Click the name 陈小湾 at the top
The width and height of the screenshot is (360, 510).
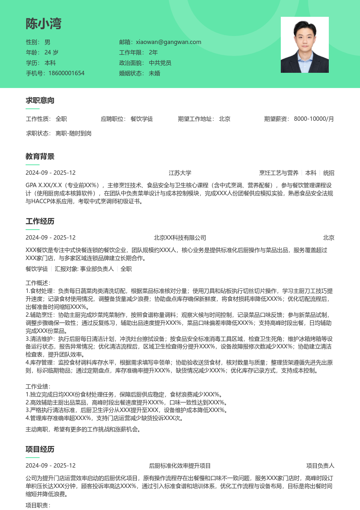tap(44, 24)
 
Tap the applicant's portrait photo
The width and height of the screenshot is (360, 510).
tap(304, 45)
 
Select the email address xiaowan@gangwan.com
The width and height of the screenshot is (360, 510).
tap(168, 42)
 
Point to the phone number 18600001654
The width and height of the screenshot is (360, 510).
tap(66, 73)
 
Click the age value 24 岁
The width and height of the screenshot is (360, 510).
tap(51, 52)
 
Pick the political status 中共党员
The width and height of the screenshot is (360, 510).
tap(160, 63)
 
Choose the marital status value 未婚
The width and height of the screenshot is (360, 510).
tap(154, 73)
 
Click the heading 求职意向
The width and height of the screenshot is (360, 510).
tap(40, 100)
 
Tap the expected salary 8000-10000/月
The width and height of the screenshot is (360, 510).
tap(314, 119)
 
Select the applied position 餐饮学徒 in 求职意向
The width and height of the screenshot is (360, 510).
tap(142, 119)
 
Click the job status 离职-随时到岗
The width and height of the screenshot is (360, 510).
tap(74, 133)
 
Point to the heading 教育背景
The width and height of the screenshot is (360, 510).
tap(40, 156)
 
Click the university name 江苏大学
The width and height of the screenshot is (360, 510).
tap(180, 173)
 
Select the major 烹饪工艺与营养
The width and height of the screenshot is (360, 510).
tap(279, 173)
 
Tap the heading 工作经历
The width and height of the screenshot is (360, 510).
tap(40, 221)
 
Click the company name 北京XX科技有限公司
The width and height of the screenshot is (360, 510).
tap(180, 238)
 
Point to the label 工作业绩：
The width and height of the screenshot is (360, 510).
tap(38, 386)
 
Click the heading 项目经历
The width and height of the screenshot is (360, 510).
tap(40, 449)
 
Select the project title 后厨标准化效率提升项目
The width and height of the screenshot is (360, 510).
tap(180, 466)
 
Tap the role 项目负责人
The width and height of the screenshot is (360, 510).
tap(320, 466)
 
